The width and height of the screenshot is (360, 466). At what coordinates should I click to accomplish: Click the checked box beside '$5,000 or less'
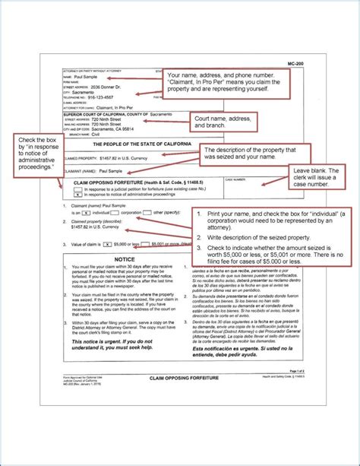[107, 244]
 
